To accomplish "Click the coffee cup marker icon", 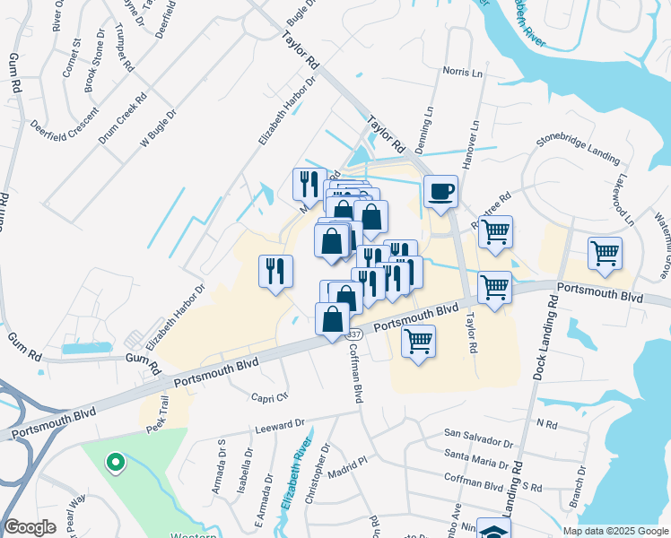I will pyautogui.click(x=440, y=192).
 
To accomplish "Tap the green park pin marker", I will pyautogui.click(x=115, y=463).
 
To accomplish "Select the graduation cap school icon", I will pyautogui.click(x=493, y=530).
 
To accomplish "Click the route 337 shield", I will pyautogui.click(x=355, y=334).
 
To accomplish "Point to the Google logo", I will pyautogui.click(x=30, y=527).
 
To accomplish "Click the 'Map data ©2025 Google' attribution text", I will pyautogui.click(x=614, y=531).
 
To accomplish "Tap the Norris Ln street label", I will pyautogui.click(x=462, y=71).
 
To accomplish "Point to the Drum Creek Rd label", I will pyautogui.click(x=122, y=120).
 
